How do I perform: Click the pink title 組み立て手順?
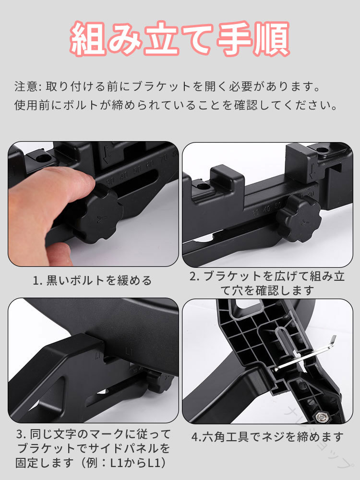[x=180, y=38]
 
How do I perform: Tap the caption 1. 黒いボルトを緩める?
[x=92, y=280]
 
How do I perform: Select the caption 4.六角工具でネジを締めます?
[x=267, y=437]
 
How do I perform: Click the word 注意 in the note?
[x=26, y=86]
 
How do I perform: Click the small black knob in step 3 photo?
[x=158, y=381]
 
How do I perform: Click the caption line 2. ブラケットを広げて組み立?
[x=267, y=276]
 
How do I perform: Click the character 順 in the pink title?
[x=272, y=38]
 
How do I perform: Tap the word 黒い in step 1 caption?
[x=58, y=280]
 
